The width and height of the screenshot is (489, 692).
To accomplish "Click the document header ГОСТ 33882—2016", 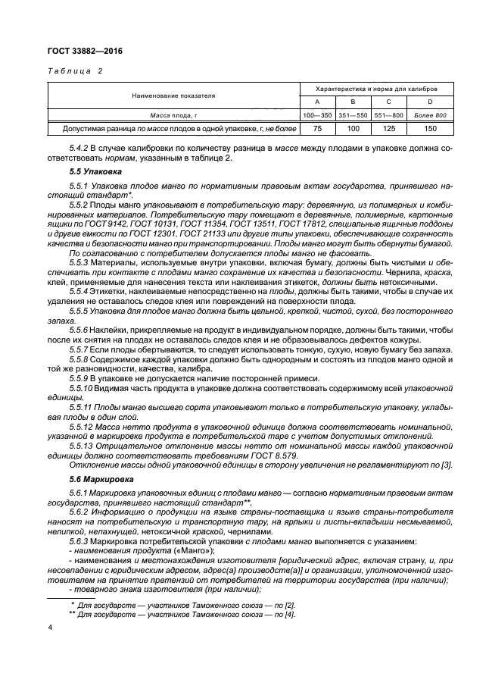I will point(84,51).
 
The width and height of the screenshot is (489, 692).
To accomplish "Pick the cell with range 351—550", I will point(352,114).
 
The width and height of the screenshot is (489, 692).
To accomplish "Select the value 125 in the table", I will point(388,129).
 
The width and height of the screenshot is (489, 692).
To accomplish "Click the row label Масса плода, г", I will point(173,114).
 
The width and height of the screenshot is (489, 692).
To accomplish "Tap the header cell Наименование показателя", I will point(173,96).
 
